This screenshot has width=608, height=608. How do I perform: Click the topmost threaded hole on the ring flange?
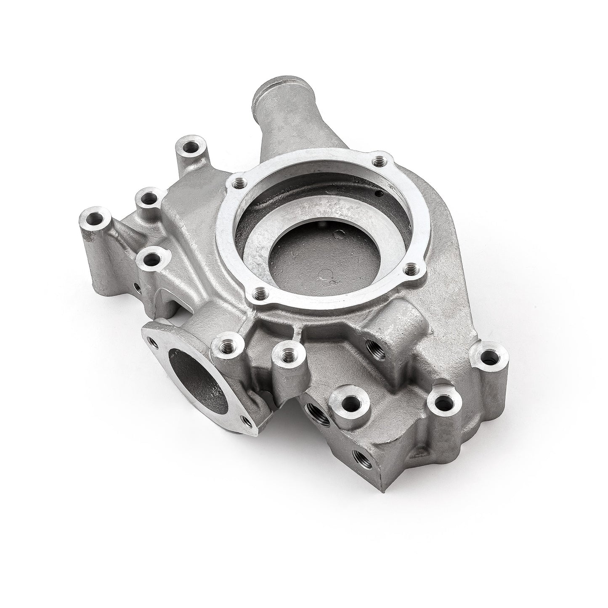tap(380, 160)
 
